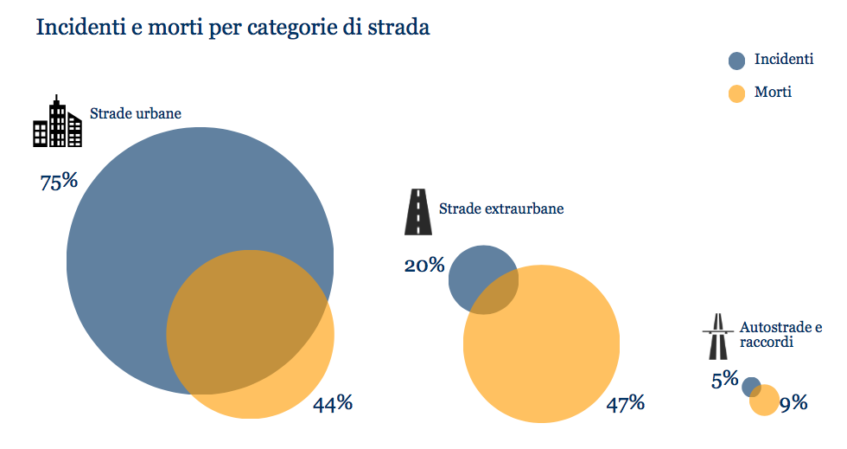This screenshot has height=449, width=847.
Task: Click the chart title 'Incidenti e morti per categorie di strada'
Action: pyautogui.click(x=232, y=27)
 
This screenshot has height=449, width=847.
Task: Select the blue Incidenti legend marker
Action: pyautogui.click(x=736, y=61)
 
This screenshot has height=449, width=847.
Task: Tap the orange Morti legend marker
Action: pyautogui.click(x=736, y=93)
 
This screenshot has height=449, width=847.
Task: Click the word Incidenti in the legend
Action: pyautogui.click(x=783, y=60)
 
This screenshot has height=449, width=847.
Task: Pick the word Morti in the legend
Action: pyautogui.click(x=773, y=92)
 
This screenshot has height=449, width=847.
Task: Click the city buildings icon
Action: pyautogui.click(x=57, y=122)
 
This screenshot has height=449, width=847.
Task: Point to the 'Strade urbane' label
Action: pyautogui.click(x=135, y=113)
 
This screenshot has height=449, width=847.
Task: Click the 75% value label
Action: pyautogui.click(x=59, y=183)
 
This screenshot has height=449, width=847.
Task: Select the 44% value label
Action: pyautogui.click(x=333, y=403)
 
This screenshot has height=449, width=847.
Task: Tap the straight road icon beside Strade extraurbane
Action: pyautogui.click(x=418, y=212)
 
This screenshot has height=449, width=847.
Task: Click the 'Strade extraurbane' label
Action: pyautogui.click(x=501, y=209)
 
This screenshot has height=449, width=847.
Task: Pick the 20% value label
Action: pyautogui.click(x=423, y=266)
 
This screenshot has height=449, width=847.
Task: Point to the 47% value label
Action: pyautogui.click(x=625, y=403)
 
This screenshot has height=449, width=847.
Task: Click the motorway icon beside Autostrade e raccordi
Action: pyautogui.click(x=716, y=337)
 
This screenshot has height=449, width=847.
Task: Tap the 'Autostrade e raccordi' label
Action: pyautogui.click(x=780, y=335)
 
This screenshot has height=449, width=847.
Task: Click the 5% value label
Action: pyautogui.click(x=724, y=379)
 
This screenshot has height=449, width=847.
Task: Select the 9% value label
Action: pyautogui.click(x=793, y=402)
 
